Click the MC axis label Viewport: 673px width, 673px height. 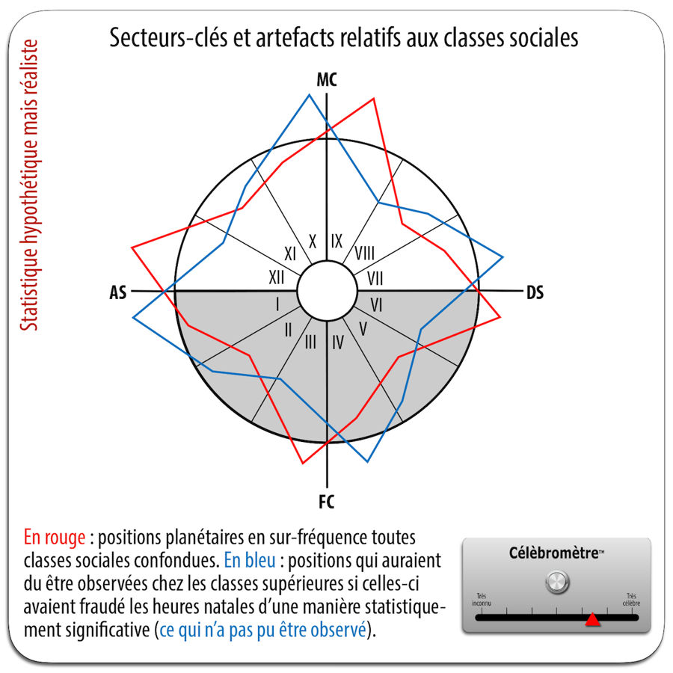327,80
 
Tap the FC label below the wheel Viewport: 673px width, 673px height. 327,502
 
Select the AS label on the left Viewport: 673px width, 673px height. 118,292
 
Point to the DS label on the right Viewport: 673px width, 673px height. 535,292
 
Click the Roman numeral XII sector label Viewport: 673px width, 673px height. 277,277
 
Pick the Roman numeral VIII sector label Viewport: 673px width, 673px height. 365,253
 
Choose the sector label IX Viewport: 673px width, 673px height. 337,241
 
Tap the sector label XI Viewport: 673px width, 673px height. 290,253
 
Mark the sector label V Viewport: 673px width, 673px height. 363,329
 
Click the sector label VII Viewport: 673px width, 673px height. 375,279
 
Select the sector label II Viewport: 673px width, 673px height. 288,330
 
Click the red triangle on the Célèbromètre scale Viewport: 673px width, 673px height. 593,619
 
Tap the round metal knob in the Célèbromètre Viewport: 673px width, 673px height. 557,582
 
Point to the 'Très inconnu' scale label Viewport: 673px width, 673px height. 481,600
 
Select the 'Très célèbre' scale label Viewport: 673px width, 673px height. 631,600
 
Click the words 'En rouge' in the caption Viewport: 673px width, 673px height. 55,538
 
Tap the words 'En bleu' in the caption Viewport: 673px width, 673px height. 250,561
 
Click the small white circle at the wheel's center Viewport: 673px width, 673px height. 327,291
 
